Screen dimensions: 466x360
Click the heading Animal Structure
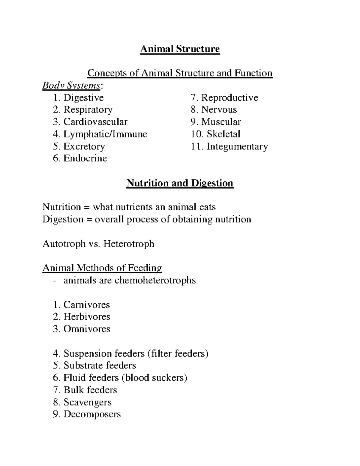(180, 49)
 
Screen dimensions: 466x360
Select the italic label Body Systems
(71, 86)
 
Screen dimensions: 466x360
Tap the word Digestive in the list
(83, 98)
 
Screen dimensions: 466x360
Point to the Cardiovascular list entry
(95, 122)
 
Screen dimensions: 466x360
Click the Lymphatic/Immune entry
(105, 134)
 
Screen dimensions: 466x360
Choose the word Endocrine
(85, 158)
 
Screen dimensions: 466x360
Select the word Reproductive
(229, 98)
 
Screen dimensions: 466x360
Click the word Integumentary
(237, 146)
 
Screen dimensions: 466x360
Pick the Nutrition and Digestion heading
(180, 183)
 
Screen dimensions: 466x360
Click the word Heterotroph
(129, 244)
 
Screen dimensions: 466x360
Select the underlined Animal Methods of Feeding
(102, 268)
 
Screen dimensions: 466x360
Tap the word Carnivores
(86, 305)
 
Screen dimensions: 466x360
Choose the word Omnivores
(87, 329)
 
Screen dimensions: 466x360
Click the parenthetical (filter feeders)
(178, 353)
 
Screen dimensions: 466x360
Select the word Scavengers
(87, 402)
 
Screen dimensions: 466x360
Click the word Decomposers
(92, 414)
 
